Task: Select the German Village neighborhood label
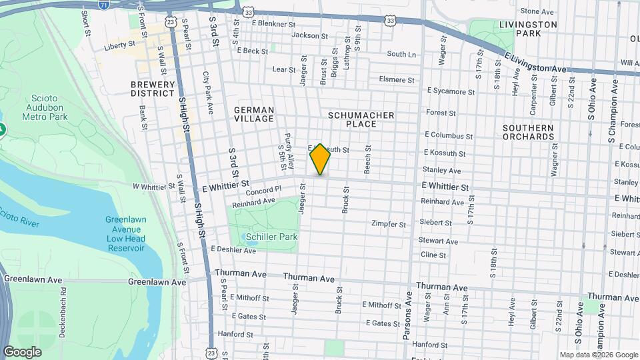(254, 114)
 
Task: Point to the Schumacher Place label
(361, 119)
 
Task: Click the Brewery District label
(153, 89)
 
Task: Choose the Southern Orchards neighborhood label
(528, 132)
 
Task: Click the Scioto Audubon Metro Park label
(45, 107)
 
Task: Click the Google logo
(22, 352)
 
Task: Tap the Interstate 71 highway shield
(103, 4)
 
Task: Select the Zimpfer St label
(389, 224)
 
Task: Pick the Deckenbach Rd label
(63, 313)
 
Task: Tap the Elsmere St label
(396, 79)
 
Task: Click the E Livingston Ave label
(535, 63)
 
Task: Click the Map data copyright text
(598, 355)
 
